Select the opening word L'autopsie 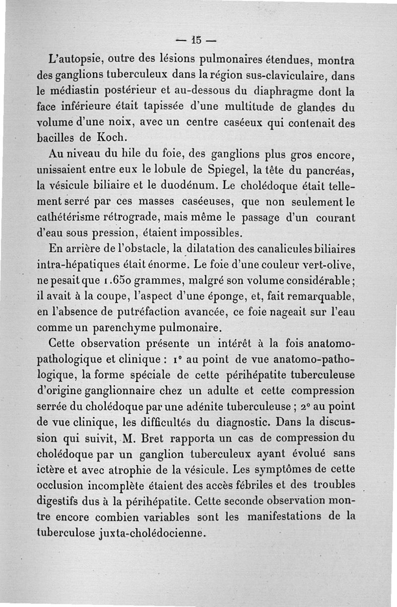[x=77, y=61]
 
